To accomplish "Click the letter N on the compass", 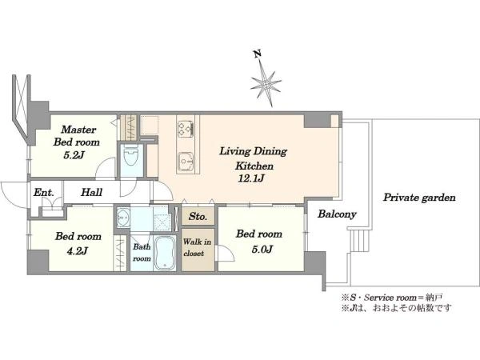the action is (258, 54).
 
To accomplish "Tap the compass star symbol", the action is (266, 83).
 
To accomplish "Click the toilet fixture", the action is (131, 154).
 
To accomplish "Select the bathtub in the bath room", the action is (165, 253).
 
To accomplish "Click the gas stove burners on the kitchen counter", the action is (186, 129).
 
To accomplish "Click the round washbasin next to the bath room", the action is (123, 217).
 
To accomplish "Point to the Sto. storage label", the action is (198, 217).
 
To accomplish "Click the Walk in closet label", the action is (197, 247).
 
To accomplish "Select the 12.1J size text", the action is (251, 178).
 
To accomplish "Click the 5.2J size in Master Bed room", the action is (74, 155).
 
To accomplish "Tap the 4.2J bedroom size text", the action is (77, 251).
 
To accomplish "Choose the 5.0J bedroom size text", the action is (262, 249).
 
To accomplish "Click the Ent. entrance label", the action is (43, 193).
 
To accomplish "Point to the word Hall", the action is (91, 192).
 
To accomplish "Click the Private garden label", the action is (419, 198).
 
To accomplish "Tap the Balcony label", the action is (337, 214).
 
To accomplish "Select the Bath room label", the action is (142, 253).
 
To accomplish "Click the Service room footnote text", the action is (390, 297).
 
